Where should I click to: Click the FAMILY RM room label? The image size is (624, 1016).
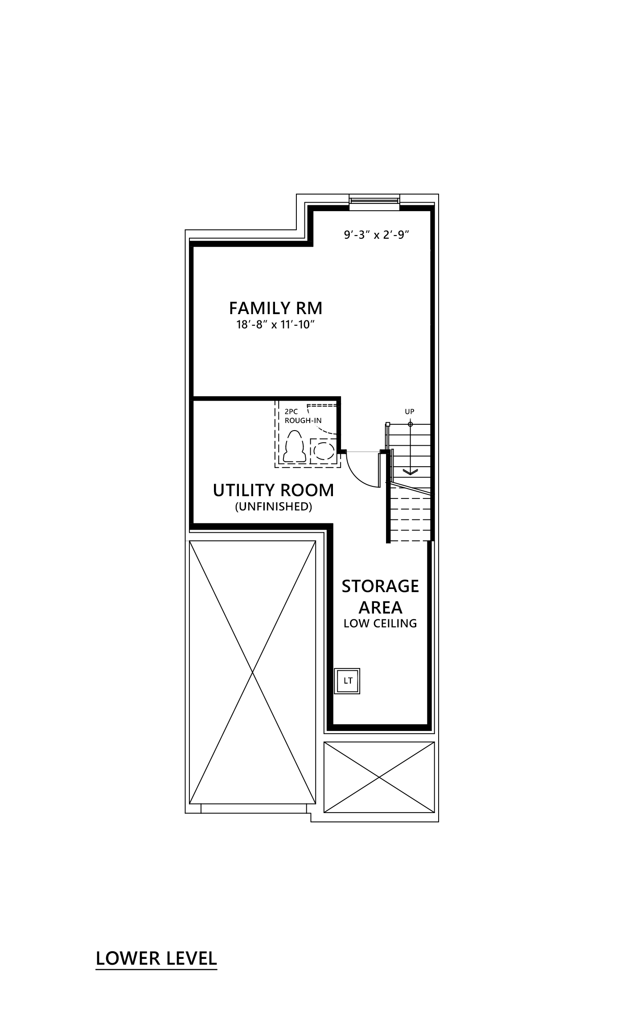[x=275, y=308]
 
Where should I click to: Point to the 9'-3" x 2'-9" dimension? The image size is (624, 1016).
[x=376, y=235]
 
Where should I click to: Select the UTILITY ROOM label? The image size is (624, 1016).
[x=273, y=490]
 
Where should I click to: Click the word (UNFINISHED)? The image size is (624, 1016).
[x=273, y=506]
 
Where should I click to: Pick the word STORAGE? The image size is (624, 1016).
[x=380, y=586]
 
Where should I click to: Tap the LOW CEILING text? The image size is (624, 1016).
[x=380, y=623]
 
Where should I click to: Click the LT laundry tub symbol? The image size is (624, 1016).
[x=348, y=681]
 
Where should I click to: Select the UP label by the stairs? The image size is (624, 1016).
[x=410, y=412]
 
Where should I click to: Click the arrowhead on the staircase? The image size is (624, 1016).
[x=410, y=472]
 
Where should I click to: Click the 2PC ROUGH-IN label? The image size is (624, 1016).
[x=303, y=416]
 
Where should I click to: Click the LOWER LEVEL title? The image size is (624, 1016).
[x=156, y=958]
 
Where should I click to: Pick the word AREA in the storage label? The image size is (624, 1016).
[x=380, y=608]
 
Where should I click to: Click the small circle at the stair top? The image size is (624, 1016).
[x=410, y=424]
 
